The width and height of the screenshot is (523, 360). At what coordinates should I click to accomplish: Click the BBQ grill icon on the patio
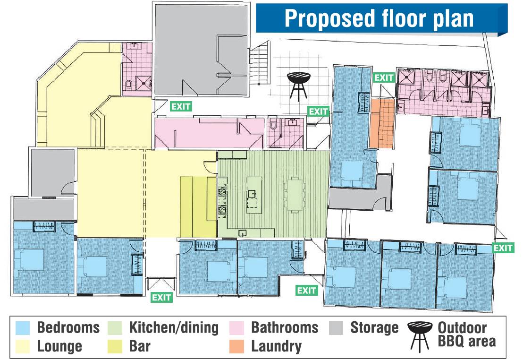tap(299, 86)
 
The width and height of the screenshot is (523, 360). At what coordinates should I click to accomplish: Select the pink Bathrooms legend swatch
tap(237, 328)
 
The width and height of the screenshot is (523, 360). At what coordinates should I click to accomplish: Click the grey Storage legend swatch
tap(336, 328)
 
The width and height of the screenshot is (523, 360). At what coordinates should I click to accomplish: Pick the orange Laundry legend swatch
tap(237, 346)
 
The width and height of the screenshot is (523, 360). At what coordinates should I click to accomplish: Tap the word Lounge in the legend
tap(59, 347)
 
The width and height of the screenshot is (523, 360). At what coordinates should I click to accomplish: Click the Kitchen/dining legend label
tap(174, 327)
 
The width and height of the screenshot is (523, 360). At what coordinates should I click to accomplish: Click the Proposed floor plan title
tap(379, 18)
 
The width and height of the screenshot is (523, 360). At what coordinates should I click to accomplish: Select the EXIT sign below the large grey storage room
tap(181, 106)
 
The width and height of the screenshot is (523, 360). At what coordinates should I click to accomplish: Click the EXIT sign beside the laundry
tap(384, 78)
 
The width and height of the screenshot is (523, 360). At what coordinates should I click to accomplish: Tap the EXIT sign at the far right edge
tap(503, 248)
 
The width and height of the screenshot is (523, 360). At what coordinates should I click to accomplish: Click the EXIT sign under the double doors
tap(161, 297)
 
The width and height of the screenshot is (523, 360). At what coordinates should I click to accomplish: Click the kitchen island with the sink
tap(254, 196)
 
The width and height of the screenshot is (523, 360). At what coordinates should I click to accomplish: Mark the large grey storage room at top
tap(202, 50)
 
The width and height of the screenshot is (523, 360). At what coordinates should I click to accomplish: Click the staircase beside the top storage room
tap(260, 63)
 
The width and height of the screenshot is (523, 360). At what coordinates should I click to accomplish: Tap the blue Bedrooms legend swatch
tap(23, 328)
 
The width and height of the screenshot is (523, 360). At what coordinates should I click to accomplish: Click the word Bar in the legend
tap(140, 346)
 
